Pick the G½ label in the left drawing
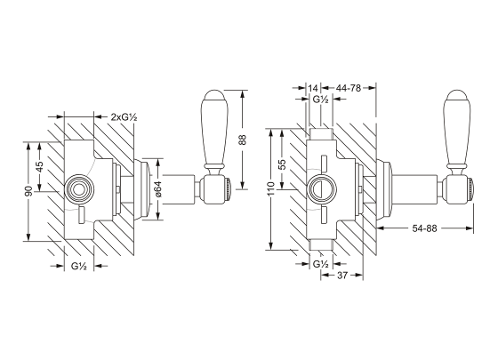[x=78, y=266]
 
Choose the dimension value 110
[x=269, y=190]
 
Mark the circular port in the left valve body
[x=76, y=188]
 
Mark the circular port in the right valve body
[x=319, y=188]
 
